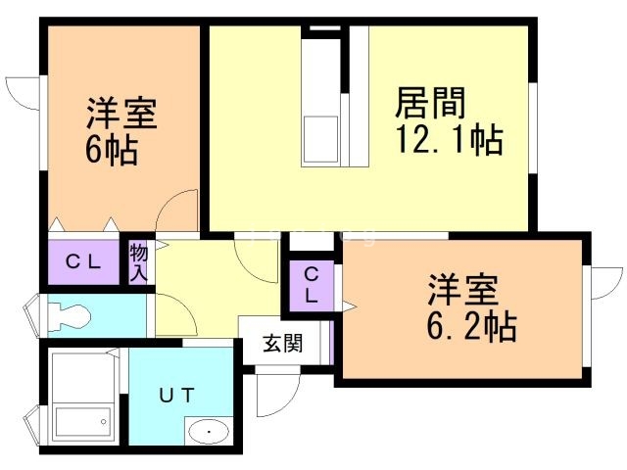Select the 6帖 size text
110,152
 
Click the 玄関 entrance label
283,344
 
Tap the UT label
178,395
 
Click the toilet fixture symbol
68,314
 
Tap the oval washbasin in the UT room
207,431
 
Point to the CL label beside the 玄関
311,284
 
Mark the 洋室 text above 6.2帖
462,290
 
